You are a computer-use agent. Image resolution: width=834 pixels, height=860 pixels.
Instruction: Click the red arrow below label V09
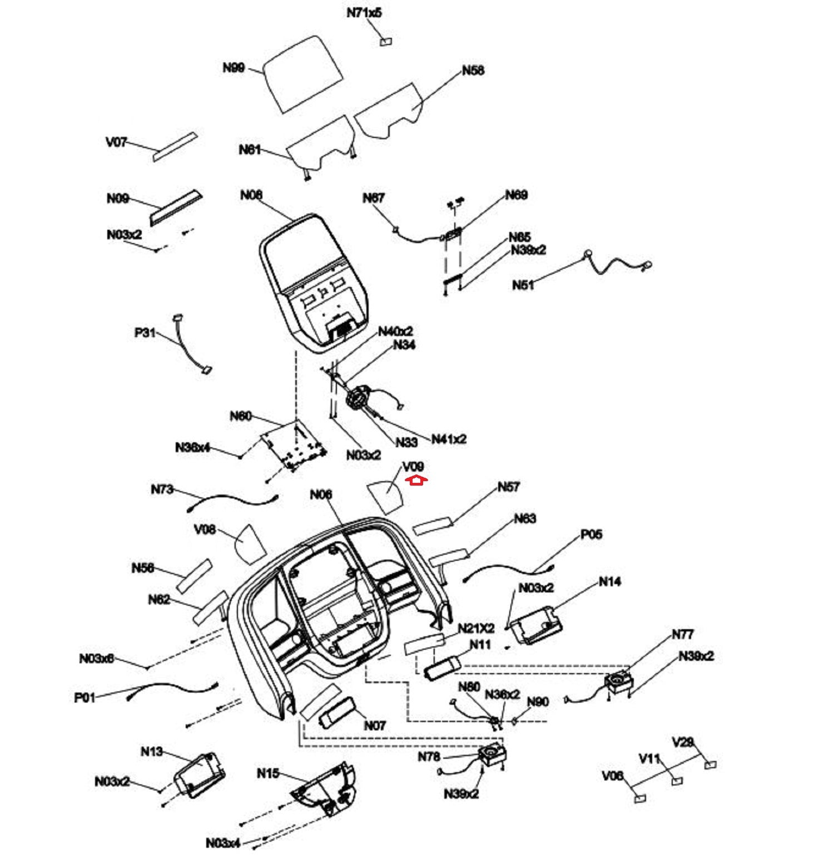[415, 481]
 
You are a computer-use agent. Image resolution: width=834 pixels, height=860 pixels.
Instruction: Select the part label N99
[234, 68]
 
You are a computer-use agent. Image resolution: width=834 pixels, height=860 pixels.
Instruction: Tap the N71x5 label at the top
[364, 13]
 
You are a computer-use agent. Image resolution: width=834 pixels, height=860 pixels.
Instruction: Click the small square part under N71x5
[386, 42]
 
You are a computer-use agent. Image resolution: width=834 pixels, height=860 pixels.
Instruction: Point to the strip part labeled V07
[175, 146]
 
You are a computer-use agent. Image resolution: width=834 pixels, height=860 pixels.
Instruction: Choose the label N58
[473, 71]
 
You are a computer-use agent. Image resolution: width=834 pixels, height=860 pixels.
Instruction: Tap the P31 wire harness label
[145, 333]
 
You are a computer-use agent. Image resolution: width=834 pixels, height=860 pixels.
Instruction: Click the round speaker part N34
[356, 398]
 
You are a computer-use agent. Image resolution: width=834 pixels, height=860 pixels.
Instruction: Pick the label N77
[682, 634]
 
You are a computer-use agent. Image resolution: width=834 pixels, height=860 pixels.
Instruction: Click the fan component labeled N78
[493, 755]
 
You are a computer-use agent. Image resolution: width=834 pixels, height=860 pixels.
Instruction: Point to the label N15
[268, 774]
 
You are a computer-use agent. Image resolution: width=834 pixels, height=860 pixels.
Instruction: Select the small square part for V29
[710, 765]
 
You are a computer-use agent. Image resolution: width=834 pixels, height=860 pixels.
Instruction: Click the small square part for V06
[640, 798]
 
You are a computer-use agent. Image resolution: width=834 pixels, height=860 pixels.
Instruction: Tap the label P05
[591, 535]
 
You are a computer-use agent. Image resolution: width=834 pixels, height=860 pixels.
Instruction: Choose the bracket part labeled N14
[534, 626]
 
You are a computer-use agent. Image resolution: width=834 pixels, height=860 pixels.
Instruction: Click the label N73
[162, 490]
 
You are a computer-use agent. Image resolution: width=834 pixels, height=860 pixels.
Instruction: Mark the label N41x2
[449, 439]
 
